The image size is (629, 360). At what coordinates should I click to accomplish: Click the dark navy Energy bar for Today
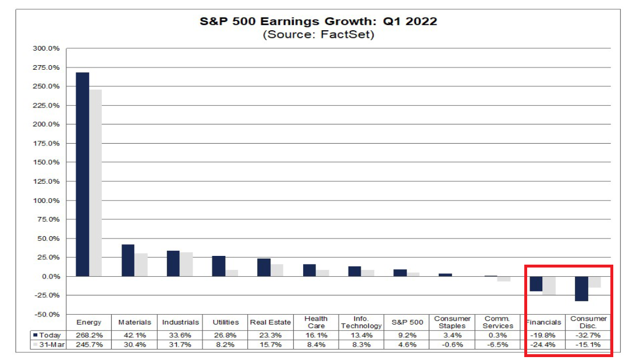click(x=82, y=174)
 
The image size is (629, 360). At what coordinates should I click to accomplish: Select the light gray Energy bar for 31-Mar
click(x=95, y=183)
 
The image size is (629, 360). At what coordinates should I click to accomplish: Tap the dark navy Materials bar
click(x=127, y=261)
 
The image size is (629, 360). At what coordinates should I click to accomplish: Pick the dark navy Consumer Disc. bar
click(x=581, y=288)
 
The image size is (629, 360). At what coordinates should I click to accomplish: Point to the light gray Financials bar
click(x=549, y=286)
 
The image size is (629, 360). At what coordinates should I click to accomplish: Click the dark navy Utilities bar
click(x=218, y=266)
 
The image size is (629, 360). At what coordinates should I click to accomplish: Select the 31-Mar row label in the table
click(x=49, y=344)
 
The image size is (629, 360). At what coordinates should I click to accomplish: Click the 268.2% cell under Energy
click(x=89, y=335)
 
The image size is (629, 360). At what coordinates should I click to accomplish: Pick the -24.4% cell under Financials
click(x=543, y=344)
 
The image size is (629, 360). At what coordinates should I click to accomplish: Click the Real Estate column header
click(x=270, y=322)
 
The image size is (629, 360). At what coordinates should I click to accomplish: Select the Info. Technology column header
click(x=361, y=322)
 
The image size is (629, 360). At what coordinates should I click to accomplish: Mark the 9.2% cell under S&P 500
click(x=406, y=335)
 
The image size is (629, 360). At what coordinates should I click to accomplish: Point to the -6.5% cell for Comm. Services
click(x=497, y=344)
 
